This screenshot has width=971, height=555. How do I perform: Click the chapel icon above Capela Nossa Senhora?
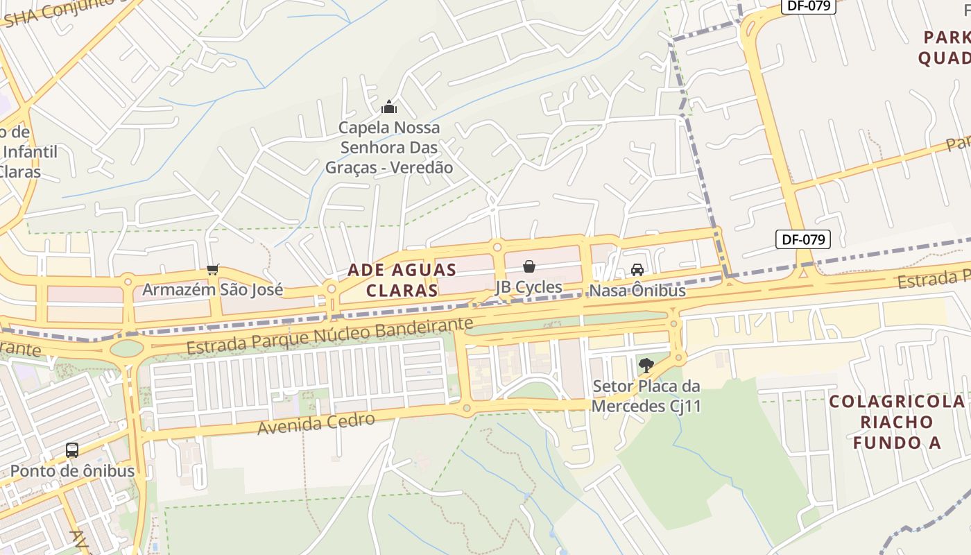pyautogui.click(x=389, y=107)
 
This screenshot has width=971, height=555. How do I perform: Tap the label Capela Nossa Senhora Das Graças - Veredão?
pyautogui.click(x=389, y=148)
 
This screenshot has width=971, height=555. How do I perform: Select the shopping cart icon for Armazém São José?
pyautogui.click(x=213, y=269)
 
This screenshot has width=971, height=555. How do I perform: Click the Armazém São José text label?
pyautogui.click(x=213, y=289)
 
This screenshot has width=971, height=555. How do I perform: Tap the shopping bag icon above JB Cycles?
pyautogui.click(x=529, y=266)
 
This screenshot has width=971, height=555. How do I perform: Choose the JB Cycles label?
pyautogui.click(x=529, y=287)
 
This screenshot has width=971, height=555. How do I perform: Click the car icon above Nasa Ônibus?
pyautogui.click(x=637, y=270)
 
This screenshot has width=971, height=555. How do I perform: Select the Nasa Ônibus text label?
pyautogui.click(x=637, y=291)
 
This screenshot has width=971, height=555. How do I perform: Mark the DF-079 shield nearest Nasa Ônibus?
pyautogui.click(x=802, y=240)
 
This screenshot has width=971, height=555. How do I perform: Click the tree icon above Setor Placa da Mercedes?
pyautogui.click(x=646, y=365)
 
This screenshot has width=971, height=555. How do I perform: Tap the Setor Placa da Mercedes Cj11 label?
pyautogui.click(x=646, y=396)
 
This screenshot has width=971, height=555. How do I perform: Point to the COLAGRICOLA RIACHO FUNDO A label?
pyautogui.click(x=897, y=422)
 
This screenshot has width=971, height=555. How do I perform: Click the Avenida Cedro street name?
pyautogui.click(x=316, y=423)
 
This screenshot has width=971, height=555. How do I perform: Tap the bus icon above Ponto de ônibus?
pyautogui.click(x=72, y=450)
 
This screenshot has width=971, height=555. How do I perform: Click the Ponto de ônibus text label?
pyautogui.click(x=72, y=470)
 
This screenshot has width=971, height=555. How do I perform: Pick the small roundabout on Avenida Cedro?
pyautogui.click(x=467, y=409)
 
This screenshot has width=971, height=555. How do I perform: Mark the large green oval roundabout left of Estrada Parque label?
pyautogui.click(x=126, y=348)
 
